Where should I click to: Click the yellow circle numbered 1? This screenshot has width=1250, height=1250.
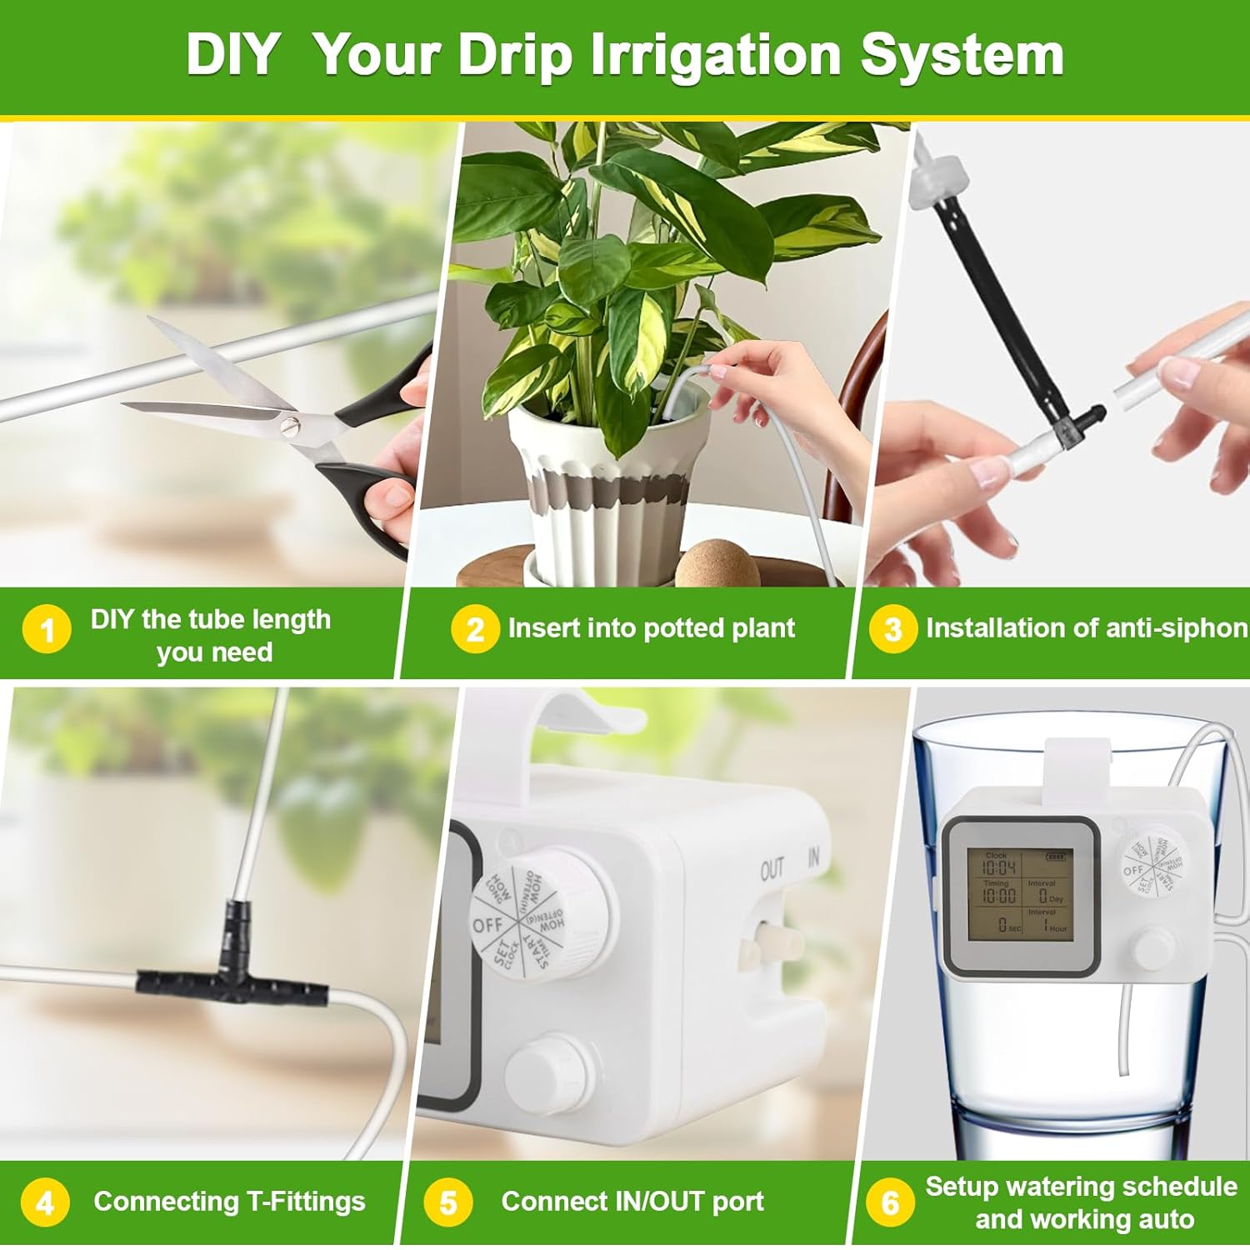(x=47, y=629)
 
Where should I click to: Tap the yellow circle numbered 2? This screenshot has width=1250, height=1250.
(x=474, y=629)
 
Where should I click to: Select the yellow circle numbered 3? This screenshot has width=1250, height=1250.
(x=892, y=629)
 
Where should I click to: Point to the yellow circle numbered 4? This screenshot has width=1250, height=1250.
(x=45, y=1202)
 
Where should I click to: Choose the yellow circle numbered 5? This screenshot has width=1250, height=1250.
(x=448, y=1202)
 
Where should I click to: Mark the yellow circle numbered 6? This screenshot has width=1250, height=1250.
(x=890, y=1202)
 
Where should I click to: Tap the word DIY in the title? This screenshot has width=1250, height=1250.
(x=232, y=55)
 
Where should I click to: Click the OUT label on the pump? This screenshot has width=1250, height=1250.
(x=772, y=869)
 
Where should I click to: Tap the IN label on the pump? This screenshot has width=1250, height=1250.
(x=814, y=857)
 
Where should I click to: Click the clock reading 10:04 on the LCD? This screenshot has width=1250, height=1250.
(x=998, y=867)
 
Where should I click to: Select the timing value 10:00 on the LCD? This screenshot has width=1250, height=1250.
(x=998, y=897)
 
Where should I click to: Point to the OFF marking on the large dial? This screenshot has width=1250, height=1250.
(x=487, y=925)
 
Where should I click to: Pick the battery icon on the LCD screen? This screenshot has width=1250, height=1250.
(x=1056, y=857)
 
